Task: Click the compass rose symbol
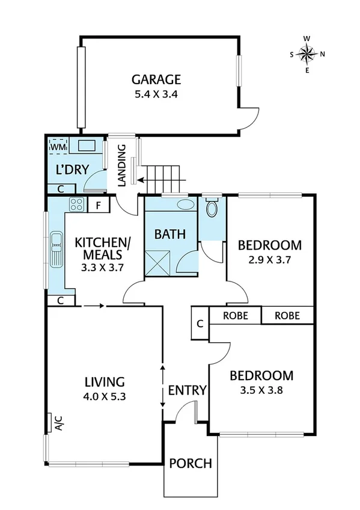[x=307, y=54]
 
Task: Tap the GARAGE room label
[x=156, y=79]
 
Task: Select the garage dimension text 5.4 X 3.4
[x=156, y=94]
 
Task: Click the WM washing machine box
[x=58, y=146]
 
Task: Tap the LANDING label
[x=121, y=165]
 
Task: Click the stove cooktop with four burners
[x=76, y=204]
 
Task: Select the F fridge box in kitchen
[x=98, y=205]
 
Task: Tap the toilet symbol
[x=212, y=209]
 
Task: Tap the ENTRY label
[x=187, y=390]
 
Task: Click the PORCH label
[x=191, y=464]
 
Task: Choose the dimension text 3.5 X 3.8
[x=261, y=390]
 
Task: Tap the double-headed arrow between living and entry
[x=163, y=386]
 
